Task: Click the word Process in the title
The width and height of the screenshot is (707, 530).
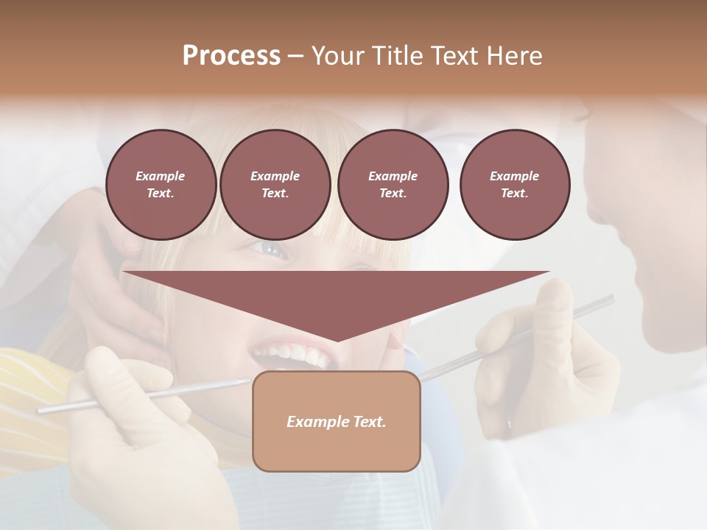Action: (231, 55)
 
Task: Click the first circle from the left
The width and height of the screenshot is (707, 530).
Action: (161, 185)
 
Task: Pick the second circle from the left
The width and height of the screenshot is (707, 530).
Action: (275, 185)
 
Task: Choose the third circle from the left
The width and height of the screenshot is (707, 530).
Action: (393, 185)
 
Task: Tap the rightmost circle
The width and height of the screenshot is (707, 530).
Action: (514, 185)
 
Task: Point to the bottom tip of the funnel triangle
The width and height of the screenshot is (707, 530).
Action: (337, 340)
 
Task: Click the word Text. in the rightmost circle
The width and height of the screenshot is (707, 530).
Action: (514, 194)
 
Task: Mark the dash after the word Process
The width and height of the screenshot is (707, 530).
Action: (295, 56)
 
